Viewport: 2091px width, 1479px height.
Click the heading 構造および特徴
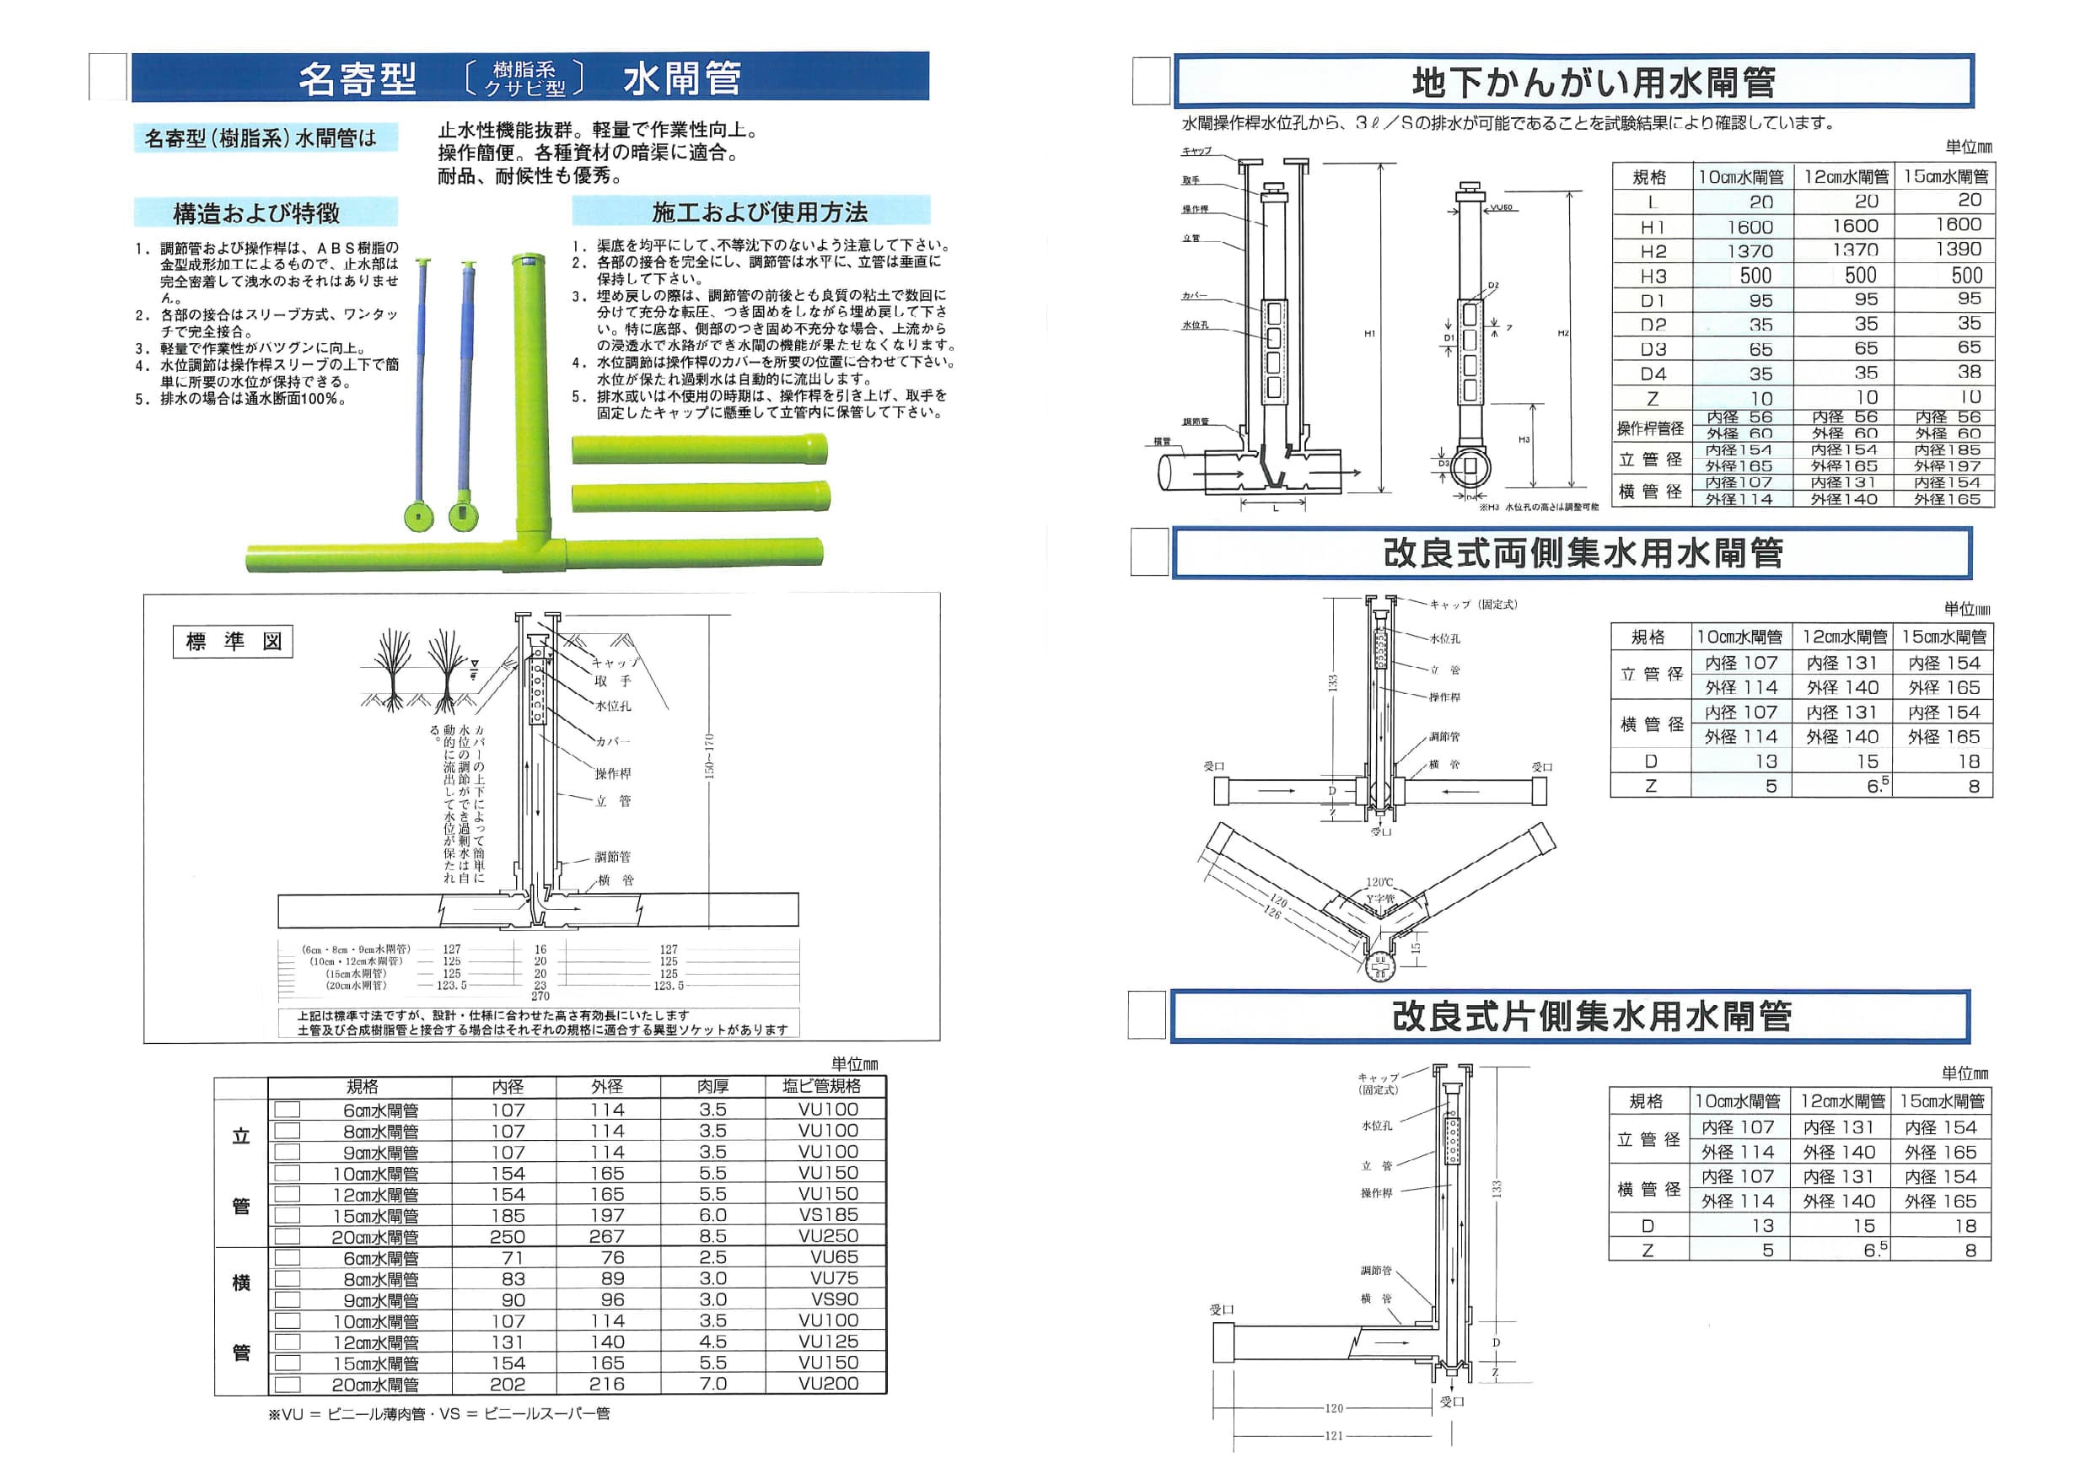pyautogui.click(x=256, y=213)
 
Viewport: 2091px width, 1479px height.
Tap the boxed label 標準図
pyautogui.click(x=234, y=641)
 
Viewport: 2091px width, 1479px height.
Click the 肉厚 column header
pyautogui.click(x=712, y=1086)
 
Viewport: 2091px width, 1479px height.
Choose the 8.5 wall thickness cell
pyautogui.click(x=712, y=1237)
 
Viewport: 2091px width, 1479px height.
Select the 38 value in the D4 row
pyautogui.click(x=1969, y=373)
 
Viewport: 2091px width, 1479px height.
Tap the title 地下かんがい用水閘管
pyautogui.click(x=1593, y=83)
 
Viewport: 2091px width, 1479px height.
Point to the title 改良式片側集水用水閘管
pyautogui.click(x=1591, y=1017)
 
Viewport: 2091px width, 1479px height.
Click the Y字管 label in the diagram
pyautogui.click(x=1379, y=899)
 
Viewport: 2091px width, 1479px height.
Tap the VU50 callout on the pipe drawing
pyautogui.click(x=1501, y=207)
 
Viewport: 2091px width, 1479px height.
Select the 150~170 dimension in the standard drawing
pyautogui.click(x=709, y=756)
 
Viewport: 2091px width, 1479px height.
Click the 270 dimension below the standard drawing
pyautogui.click(x=540, y=997)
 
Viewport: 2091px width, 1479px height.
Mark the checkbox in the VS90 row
pyautogui.click(x=287, y=1300)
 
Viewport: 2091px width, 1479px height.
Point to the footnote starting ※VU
pyautogui.click(x=439, y=1413)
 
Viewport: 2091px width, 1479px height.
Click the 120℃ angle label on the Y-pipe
pyautogui.click(x=1379, y=883)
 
